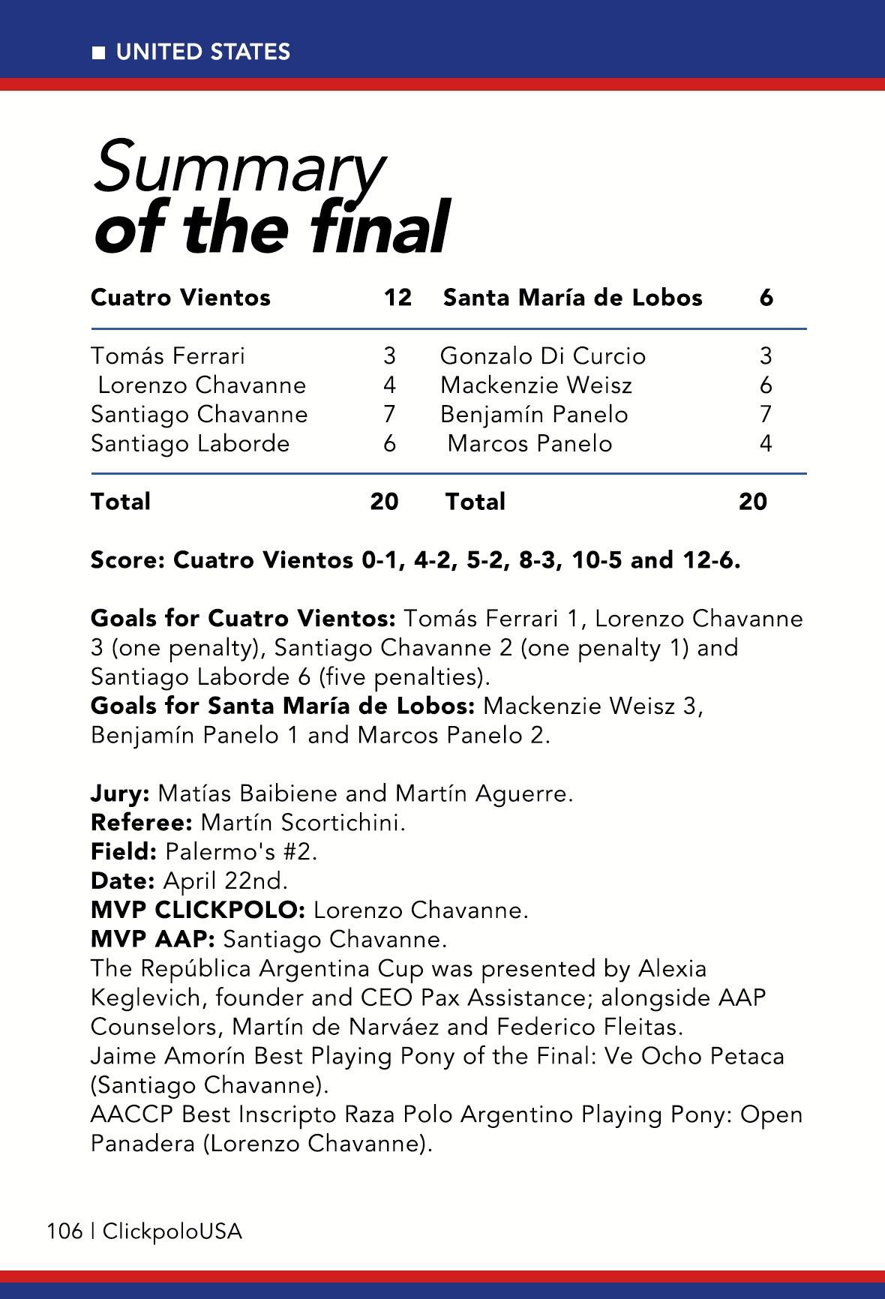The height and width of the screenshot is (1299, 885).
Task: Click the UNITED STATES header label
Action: [x=202, y=52]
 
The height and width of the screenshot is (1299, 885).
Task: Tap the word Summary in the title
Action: [x=238, y=166]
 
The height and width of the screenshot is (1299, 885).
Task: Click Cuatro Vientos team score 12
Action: [x=397, y=298]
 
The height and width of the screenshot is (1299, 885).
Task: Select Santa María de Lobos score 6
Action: [x=766, y=298]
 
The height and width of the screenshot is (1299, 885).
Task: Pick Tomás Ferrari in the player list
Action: [x=168, y=355]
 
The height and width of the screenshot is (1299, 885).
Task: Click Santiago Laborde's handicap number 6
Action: [x=389, y=443]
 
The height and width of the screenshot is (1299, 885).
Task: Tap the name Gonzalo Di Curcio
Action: [x=542, y=355]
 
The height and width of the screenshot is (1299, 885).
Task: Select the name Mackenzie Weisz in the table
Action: [x=535, y=385]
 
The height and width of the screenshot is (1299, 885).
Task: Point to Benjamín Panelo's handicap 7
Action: [x=766, y=414]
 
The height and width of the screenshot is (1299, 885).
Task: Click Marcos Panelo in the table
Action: [x=529, y=443]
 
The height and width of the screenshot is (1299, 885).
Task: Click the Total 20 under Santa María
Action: [x=752, y=501]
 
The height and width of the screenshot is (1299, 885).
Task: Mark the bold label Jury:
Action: [x=120, y=793]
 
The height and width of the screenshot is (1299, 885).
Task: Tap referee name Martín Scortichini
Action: [x=303, y=823]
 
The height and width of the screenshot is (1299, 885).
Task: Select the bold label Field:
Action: [x=124, y=852]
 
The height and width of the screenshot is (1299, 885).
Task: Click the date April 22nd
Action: [x=225, y=880]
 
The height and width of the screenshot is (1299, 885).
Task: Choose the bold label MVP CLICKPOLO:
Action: [x=197, y=910]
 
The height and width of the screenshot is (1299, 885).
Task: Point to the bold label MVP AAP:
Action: [x=153, y=939]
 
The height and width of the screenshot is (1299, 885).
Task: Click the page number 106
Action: [x=64, y=1231]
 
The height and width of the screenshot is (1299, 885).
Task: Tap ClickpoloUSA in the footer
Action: [x=172, y=1231]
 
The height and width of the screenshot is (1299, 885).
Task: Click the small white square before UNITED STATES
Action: [x=98, y=52]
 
